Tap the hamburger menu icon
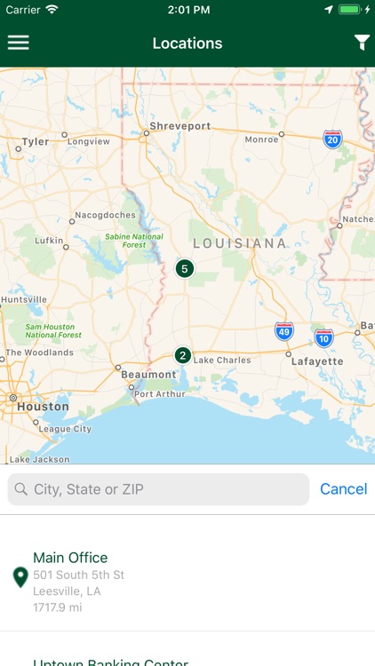coord(19,43)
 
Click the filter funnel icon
coord(362,43)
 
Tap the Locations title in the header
coord(187,44)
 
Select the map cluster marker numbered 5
coord(185,268)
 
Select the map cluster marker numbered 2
coord(183,355)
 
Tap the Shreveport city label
coord(180,126)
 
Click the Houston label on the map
coord(43,407)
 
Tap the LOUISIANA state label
coord(240,243)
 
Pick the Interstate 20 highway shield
coord(332,139)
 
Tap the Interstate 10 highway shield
coord(323,337)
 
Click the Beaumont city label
coord(148,375)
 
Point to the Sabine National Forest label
coord(134,242)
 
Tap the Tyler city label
coord(36,142)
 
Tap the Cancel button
coord(343,489)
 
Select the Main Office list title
coord(70,558)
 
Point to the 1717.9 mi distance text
coord(57,607)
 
